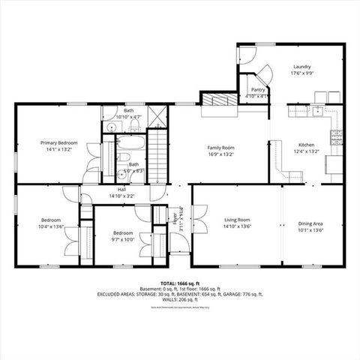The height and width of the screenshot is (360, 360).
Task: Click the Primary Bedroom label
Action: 59,142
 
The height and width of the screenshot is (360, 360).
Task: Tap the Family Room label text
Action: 221,148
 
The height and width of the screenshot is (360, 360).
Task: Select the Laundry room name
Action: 301,67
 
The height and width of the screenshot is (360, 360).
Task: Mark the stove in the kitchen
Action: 337,137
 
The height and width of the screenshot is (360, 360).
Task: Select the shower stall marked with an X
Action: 158,117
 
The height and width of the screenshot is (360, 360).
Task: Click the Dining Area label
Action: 311,223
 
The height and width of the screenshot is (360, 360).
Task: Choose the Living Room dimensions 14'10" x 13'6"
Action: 237,227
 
